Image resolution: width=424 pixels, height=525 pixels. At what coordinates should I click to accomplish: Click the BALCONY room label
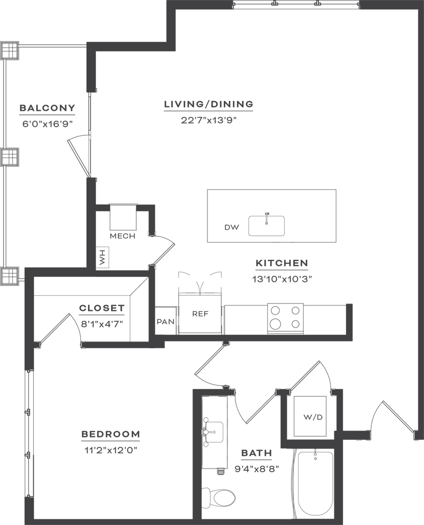[x=47, y=108]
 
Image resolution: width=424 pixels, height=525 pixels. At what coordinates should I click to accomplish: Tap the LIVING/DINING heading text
[x=208, y=104]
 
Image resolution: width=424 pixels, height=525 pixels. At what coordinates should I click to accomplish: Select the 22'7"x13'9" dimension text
[x=208, y=120]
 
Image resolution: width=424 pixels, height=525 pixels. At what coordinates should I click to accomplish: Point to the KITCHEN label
[x=282, y=263]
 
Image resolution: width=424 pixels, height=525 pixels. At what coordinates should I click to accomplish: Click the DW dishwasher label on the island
[x=232, y=227]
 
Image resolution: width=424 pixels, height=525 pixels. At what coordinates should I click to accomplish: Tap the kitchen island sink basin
[x=266, y=226]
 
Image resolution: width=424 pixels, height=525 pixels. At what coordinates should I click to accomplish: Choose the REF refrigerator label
[x=200, y=314]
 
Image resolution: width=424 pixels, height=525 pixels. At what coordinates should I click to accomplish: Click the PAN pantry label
[x=166, y=322]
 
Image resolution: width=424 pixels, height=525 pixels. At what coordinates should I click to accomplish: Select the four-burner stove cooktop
[x=286, y=318]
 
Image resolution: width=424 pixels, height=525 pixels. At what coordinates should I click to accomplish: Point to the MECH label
[x=123, y=236]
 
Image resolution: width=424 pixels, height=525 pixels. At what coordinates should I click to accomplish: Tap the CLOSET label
[x=102, y=308]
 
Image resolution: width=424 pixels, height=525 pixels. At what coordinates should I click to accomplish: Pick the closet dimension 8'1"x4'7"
[x=102, y=324]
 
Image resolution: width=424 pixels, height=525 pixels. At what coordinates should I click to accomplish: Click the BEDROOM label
[x=111, y=434]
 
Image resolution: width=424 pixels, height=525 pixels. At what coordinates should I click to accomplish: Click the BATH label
[x=257, y=453]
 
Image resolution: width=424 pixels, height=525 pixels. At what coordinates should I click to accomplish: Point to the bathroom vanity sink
[x=213, y=432]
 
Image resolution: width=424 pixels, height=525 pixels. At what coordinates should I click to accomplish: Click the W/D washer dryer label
[x=313, y=417]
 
